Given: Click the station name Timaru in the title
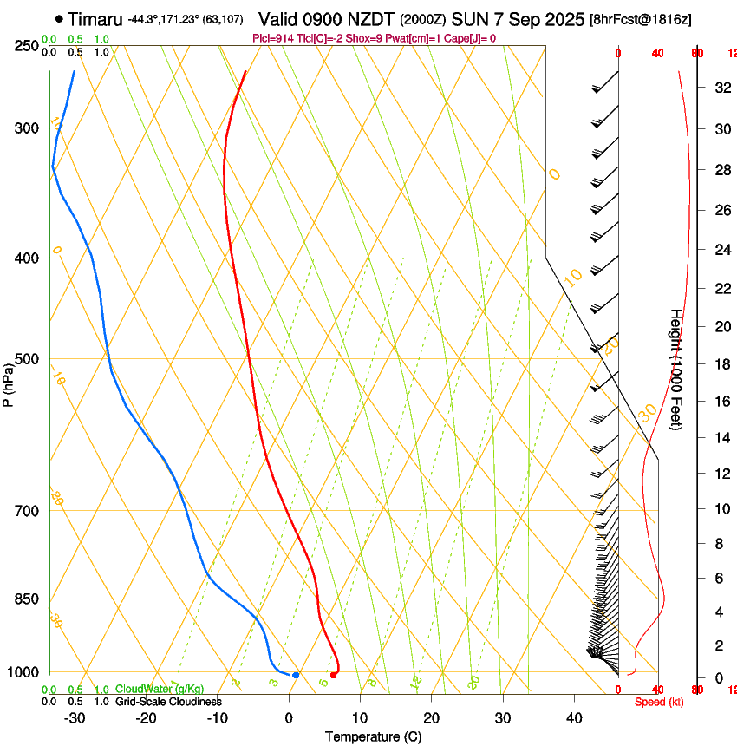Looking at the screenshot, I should click(95, 18).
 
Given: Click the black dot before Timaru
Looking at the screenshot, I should click(58, 18).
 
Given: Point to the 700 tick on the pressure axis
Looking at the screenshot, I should click(27, 510).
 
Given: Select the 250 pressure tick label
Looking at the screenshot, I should click(27, 45).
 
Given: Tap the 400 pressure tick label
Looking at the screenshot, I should click(27, 258).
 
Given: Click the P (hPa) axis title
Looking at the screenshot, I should click(8, 383).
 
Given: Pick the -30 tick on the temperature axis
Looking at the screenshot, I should click(75, 717).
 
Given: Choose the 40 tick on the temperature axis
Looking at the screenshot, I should click(573, 717).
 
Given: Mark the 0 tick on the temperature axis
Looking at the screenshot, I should click(289, 717).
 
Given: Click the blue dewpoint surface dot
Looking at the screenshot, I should click(296, 675).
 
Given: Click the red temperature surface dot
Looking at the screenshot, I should click(334, 675).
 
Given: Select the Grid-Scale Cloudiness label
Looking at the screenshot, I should click(168, 702).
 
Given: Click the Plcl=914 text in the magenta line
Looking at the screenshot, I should click(271, 38).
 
